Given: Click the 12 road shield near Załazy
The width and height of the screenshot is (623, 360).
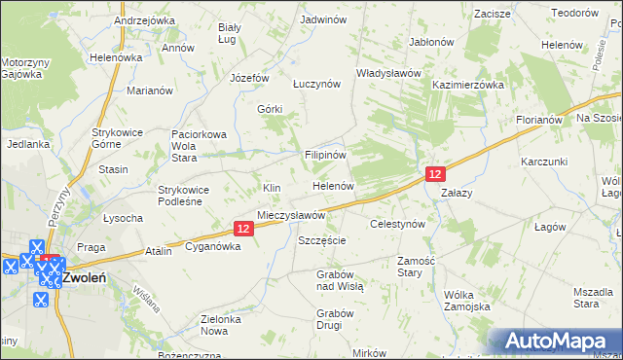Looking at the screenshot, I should [435, 173].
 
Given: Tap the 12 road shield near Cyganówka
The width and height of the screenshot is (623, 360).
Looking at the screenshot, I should [243, 228].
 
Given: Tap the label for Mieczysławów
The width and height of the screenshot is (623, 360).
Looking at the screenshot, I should [290, 214].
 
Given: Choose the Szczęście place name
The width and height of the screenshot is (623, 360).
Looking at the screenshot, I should [322, 240].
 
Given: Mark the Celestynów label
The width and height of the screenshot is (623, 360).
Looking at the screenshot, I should [398, 224].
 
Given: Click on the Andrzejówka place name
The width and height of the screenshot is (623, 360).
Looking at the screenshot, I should [144, 19].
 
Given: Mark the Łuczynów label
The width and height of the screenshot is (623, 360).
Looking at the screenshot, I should [317, 84].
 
